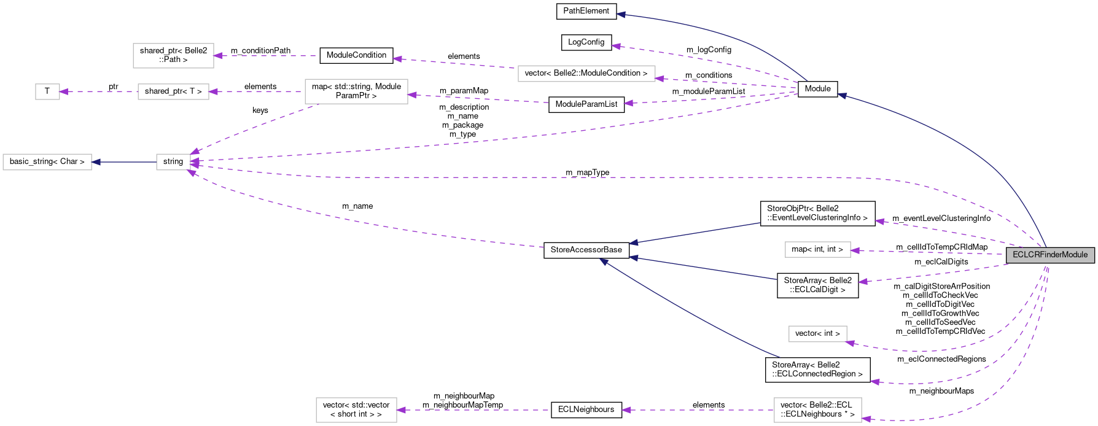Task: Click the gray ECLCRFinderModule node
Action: coord(1050,255)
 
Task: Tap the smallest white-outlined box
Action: coord(47,91)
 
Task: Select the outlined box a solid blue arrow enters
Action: coord(47,162)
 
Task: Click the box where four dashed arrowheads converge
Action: coord(173,162)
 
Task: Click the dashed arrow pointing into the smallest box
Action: coord(98,91)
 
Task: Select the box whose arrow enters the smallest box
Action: coord(173,91)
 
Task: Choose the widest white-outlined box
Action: coord(586,74)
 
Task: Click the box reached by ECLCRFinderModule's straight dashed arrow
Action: coord(817,249)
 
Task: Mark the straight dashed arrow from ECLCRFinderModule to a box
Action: coord(927,252)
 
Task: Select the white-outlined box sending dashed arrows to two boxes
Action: coord(356,91)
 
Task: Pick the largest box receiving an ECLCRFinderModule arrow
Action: coord(817,410)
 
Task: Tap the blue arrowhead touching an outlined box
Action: coord(96,162)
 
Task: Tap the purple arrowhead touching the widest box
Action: coord(660,79)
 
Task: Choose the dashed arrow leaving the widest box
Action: coord(454,63)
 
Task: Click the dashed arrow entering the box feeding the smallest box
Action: coord(258,91)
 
